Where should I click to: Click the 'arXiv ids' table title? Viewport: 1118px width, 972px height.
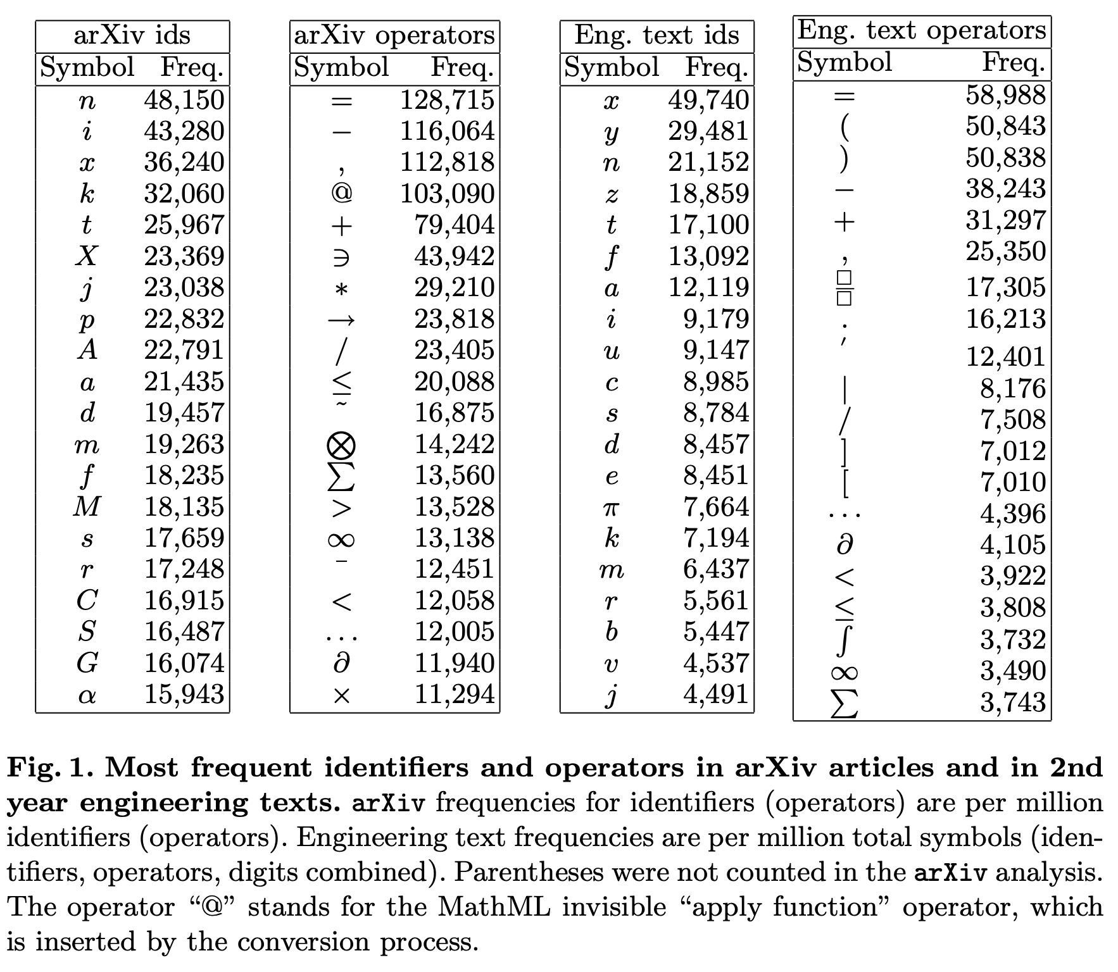point(132,35)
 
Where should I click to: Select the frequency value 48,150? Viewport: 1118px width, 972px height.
point(184,100)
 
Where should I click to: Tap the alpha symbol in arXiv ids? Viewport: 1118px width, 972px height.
point(87,695)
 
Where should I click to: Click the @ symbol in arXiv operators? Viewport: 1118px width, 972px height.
point(341,193)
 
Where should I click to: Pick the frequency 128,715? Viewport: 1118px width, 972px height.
point(447,100)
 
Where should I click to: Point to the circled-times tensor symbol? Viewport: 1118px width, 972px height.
point(341,444)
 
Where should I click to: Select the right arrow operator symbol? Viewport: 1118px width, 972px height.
point(341,320)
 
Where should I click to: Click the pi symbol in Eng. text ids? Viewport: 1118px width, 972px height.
point(611,507)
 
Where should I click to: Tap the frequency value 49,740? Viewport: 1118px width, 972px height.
point(708,100)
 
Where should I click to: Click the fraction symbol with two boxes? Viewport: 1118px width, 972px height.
point(844,287)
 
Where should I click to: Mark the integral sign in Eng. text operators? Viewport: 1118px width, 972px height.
point(844,640)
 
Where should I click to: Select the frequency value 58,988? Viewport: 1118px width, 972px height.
point(1005,95)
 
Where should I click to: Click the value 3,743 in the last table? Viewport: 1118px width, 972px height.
point(1013,702)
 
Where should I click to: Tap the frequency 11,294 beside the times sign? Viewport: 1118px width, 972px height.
point(454,695)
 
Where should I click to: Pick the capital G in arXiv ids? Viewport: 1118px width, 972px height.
point(87,663)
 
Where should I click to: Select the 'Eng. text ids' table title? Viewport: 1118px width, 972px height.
point(656,35)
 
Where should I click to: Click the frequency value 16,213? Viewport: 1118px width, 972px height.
point(1005,319)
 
